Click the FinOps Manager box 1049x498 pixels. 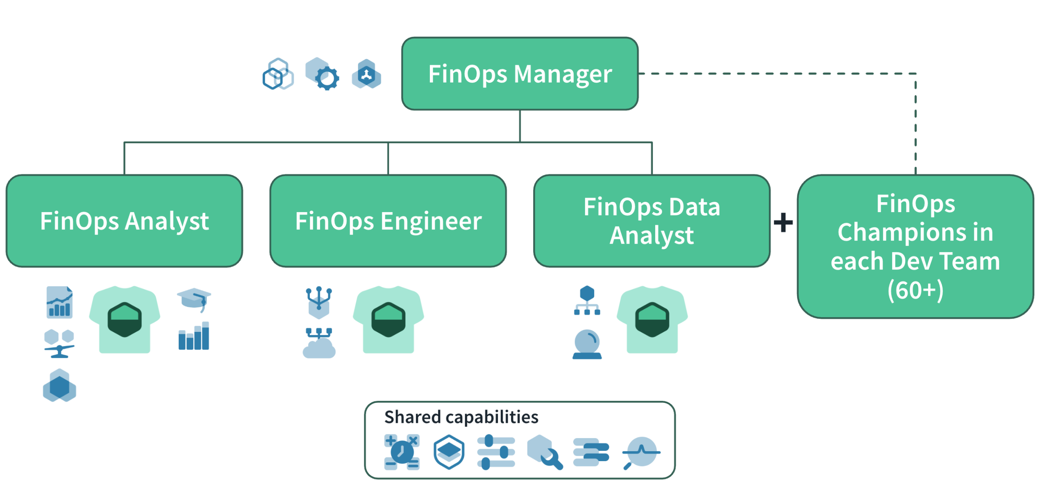pyautogui.click(x=519, y=74)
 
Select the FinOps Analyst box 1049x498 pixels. pyautogui.click(x=124, y=221)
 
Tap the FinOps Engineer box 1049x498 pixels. pyautogui.click(x=388, y=221)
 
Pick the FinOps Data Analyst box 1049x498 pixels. pyautogui.click(x=651, y=221)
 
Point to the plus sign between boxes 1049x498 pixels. pyautogui.click(x=783, y=222)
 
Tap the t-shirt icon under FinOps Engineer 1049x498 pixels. pyautogui.click(x=388, y=319)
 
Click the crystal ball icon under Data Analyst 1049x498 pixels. pyautogui.click(x=587, y=344)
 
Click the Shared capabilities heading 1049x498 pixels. pyautogui.click(x=461, y=417)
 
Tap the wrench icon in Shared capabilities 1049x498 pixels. pyautogui.click(x=545, y=452)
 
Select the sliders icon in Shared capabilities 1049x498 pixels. pyautogui.click(x=496, y=452)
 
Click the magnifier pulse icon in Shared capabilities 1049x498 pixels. pyautogui.click(x=641, y=452)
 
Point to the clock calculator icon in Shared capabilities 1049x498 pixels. pyautogui.click(x=402, y=452)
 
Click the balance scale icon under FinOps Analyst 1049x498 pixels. pyautogui.click(x=59, y=344)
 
